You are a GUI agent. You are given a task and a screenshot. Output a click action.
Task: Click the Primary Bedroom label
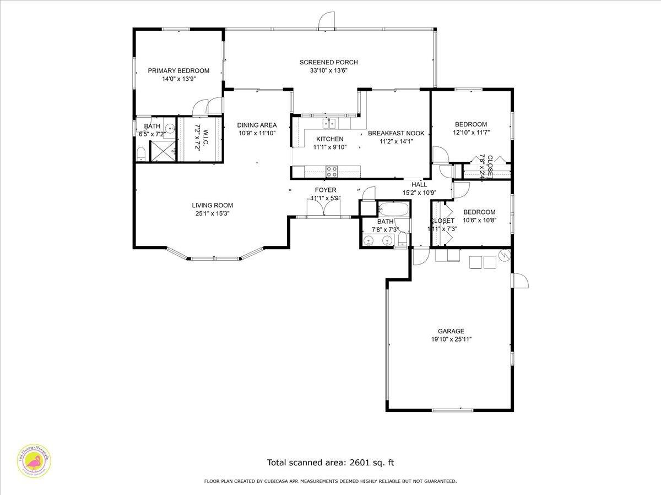178,70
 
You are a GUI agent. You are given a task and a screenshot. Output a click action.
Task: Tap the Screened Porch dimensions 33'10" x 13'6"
328,70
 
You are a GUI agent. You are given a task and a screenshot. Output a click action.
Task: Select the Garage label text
451,331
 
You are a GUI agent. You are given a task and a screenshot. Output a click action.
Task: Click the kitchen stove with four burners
332,172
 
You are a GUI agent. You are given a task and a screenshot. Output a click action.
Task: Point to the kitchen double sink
329,123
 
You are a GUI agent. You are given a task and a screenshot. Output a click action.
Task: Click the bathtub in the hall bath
393,210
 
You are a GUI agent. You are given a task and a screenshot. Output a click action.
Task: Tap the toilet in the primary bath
141,152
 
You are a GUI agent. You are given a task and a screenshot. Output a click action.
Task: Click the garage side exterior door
520,280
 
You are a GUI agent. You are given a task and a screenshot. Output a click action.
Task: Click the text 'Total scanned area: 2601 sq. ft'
330,463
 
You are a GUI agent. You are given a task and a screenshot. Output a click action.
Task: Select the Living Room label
213,205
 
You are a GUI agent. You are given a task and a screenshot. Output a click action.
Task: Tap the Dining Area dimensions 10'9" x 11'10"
257,133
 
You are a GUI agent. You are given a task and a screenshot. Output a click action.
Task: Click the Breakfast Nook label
396,133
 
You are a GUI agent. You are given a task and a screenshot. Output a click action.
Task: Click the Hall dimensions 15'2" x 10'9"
419,193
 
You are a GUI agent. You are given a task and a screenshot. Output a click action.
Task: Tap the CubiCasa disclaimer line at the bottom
330,481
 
